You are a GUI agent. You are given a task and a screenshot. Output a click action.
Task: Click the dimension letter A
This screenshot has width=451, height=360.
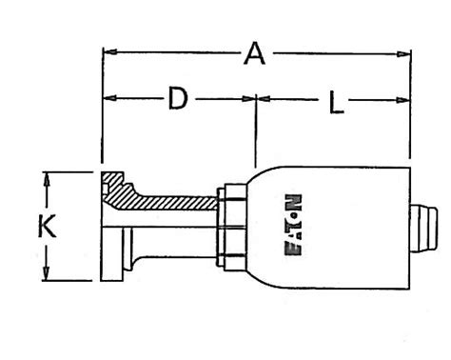(x=253, y=54)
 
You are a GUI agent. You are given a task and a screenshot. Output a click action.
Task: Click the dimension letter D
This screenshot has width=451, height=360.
(x=177, y=98)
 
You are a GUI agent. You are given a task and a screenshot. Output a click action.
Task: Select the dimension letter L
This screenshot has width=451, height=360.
(x=335, y=102)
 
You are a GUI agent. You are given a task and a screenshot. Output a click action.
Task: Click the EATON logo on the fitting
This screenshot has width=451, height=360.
(x=293, y=227)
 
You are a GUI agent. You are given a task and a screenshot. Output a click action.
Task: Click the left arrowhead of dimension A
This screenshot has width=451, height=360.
(x=108, y=51)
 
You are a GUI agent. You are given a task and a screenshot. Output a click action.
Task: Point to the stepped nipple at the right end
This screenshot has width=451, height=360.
(x=424, y=227)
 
